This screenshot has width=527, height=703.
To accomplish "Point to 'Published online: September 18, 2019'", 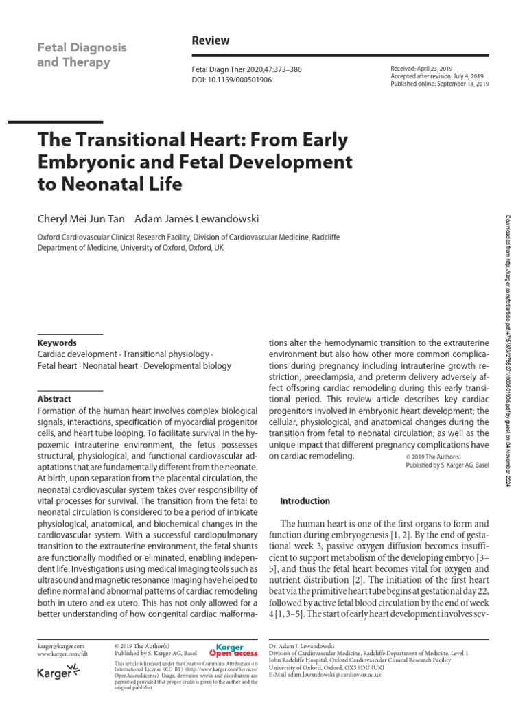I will click(x=440, y=84).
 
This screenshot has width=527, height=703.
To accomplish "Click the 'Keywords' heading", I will click(x=57, y=343).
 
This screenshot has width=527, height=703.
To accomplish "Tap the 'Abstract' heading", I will click(x=54, y=399).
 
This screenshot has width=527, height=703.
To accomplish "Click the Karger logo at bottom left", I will click(x=58, y=674).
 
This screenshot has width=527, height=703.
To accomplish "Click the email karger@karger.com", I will click(x=60, y=646).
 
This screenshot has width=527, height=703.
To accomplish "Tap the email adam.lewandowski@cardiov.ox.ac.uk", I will click(x=344, y=673).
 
